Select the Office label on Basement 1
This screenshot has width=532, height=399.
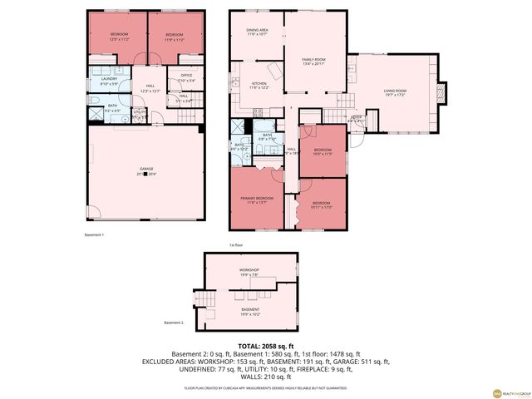coord(185,77)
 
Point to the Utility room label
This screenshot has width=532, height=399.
coord(140,112)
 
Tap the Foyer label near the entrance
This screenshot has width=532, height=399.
coord(355,119)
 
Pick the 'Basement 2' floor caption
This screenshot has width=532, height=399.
coord(173,323)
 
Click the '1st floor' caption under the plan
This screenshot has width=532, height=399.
coord(239,244)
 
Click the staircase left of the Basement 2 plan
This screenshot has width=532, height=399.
coord(203,298)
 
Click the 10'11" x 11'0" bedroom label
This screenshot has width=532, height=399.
coord(322,204)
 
